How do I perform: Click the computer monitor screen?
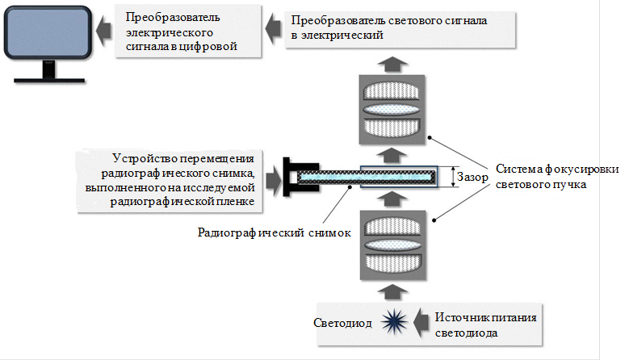tap(48, 32)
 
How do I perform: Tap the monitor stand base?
tap(49, 80)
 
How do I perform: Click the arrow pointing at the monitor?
tap(103, 31)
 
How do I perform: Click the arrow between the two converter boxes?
tap(273, 28)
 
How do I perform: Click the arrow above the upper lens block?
tap(392, 64)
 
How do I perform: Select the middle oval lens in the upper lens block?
tap(392, 110)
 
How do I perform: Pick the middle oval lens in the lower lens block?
tap(392, 245)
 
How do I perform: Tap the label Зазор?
tap(472, 177)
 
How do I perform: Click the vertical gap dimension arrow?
tap(453, 177)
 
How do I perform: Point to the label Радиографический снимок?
tap(275, 232)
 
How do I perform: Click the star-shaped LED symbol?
tap(394, 322)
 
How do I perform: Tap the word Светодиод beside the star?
tap(342, 323)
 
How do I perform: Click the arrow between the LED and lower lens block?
tap(392, 292)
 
